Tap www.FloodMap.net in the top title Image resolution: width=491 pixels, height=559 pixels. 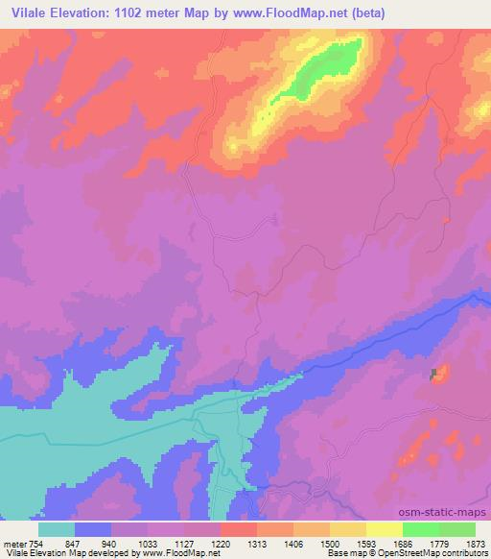(304, 12)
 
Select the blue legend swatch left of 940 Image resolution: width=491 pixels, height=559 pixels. (92, 529)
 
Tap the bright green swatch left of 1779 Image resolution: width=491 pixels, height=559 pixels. (420, 529)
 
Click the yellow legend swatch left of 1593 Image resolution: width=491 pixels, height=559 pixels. (347, 529)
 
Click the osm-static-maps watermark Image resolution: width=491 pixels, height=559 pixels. (450, 513)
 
